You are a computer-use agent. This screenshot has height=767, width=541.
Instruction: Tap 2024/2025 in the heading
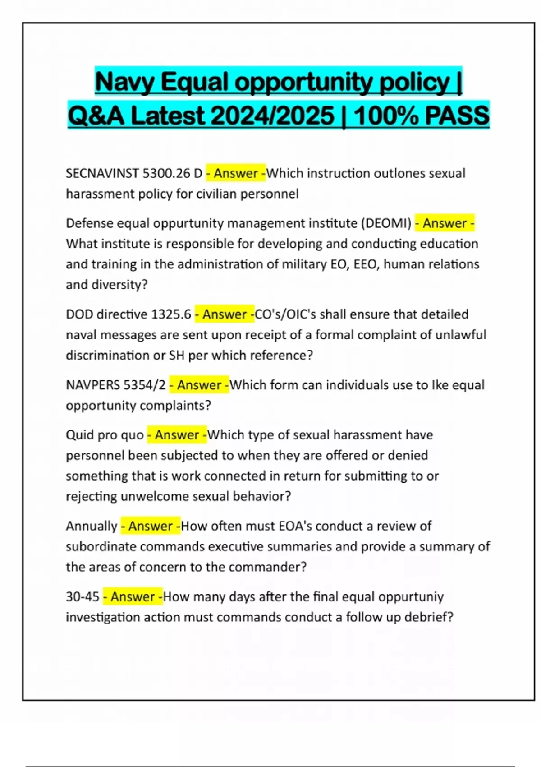(x=272, y=116)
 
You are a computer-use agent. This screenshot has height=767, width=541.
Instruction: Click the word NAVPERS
(x=93, y=385)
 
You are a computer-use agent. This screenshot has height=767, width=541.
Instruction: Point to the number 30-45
(x=83, y=596)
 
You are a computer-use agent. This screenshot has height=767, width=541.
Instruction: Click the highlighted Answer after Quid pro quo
(x=177, y=435)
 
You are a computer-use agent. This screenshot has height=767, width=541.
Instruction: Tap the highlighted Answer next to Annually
(x=150, y=526)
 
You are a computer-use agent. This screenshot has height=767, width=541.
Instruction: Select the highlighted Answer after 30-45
(x=133, y=596)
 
